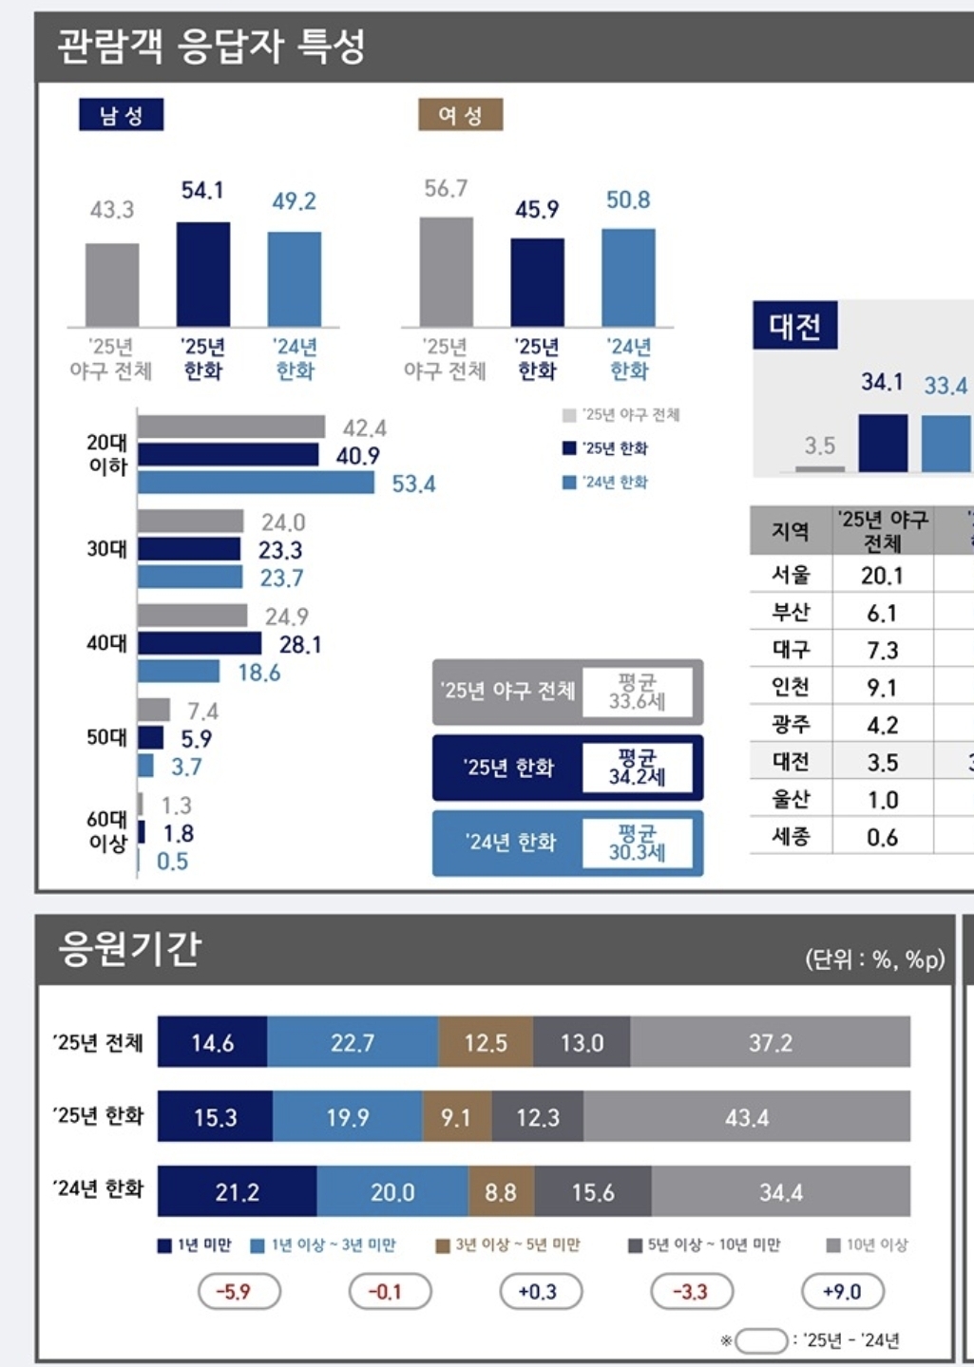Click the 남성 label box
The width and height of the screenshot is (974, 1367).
[121, 115]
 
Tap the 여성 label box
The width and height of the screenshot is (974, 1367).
[460, 115]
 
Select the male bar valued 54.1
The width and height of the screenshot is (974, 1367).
[203, 275]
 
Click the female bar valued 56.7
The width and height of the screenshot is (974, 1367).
[447, 272]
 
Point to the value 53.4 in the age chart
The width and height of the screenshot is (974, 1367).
[413, 484]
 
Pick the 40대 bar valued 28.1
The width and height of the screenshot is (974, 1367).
[200, 644]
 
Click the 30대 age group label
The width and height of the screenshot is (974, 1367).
[106, 549]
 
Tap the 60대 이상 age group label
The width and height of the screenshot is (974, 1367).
[106, 830]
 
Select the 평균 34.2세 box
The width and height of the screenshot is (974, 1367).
[638, 768]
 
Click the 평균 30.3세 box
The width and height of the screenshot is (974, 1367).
[638, 843]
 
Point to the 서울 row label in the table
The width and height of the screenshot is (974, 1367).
[791, 575]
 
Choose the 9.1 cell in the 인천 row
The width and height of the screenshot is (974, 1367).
[882, 687]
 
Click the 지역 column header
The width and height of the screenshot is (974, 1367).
[791, 531]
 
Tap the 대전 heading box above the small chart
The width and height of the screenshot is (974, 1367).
[794, 326]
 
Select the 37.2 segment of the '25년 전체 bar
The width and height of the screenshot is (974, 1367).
[770, 1043]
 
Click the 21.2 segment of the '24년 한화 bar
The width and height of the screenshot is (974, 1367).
[237, 1191]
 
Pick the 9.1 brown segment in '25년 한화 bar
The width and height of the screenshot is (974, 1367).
[456, 1117]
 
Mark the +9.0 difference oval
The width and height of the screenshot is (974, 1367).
[842, 1292]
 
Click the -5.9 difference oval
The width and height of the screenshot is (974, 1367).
[234, 1292]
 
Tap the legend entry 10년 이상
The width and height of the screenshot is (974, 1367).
[868, 1244]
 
